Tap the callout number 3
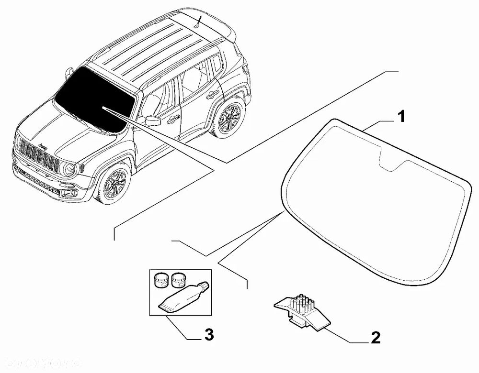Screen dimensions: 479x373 (208, 334)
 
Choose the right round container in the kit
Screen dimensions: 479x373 (178, 278)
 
